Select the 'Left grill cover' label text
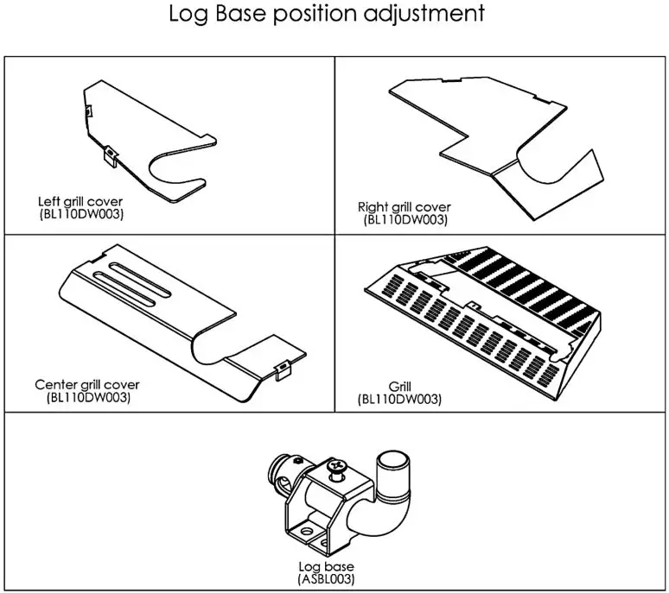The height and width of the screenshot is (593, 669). [x=80, y=202]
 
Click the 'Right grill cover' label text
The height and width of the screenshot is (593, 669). [x=404, y=208]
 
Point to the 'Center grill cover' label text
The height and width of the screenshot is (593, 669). [x=86, y=385]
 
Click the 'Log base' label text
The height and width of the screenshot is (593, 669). [x=325, y=567]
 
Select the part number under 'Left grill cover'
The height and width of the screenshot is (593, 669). [x=81, y=213]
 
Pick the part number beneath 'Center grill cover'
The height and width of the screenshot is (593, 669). [x=87, y=397]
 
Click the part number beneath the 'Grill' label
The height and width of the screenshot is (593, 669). [x=399, y=400]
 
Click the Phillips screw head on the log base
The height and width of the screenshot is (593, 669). [x=337, y=468]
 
